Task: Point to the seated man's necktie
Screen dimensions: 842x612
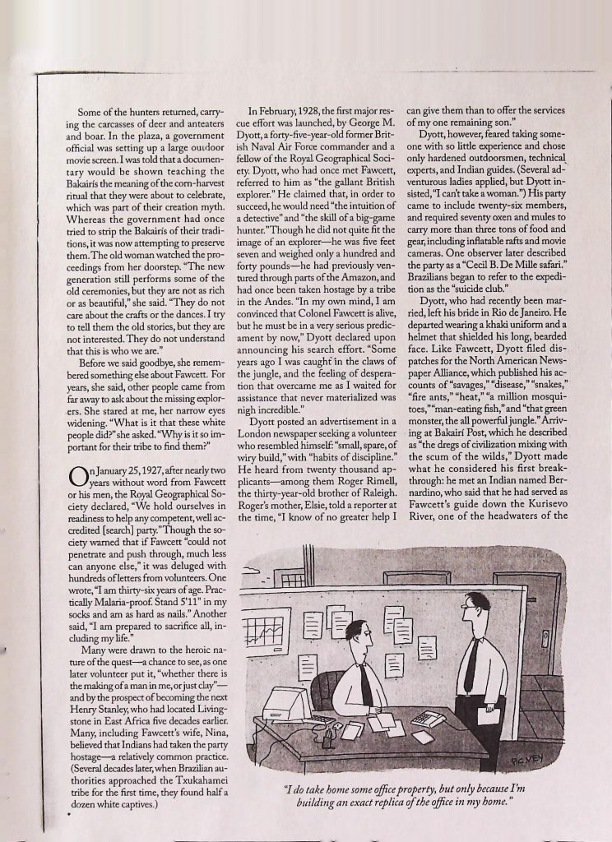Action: (x=364, y=682)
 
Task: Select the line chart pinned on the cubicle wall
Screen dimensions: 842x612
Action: (x=271, y=628)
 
